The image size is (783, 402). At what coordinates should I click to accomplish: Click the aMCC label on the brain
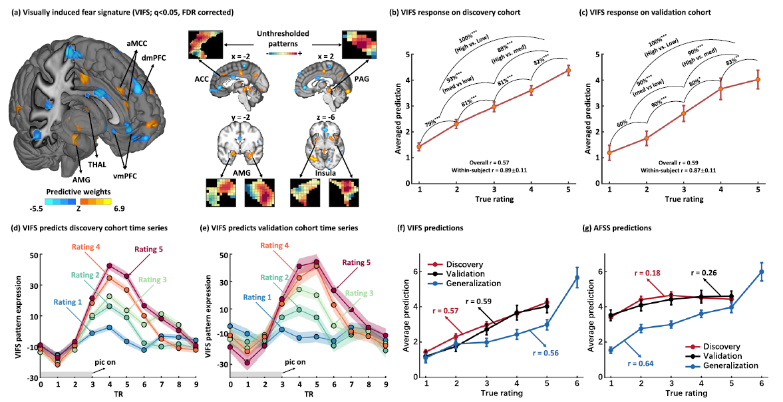139,44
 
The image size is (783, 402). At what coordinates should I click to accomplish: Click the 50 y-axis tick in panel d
31,254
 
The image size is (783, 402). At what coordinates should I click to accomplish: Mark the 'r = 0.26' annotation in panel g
708,272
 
